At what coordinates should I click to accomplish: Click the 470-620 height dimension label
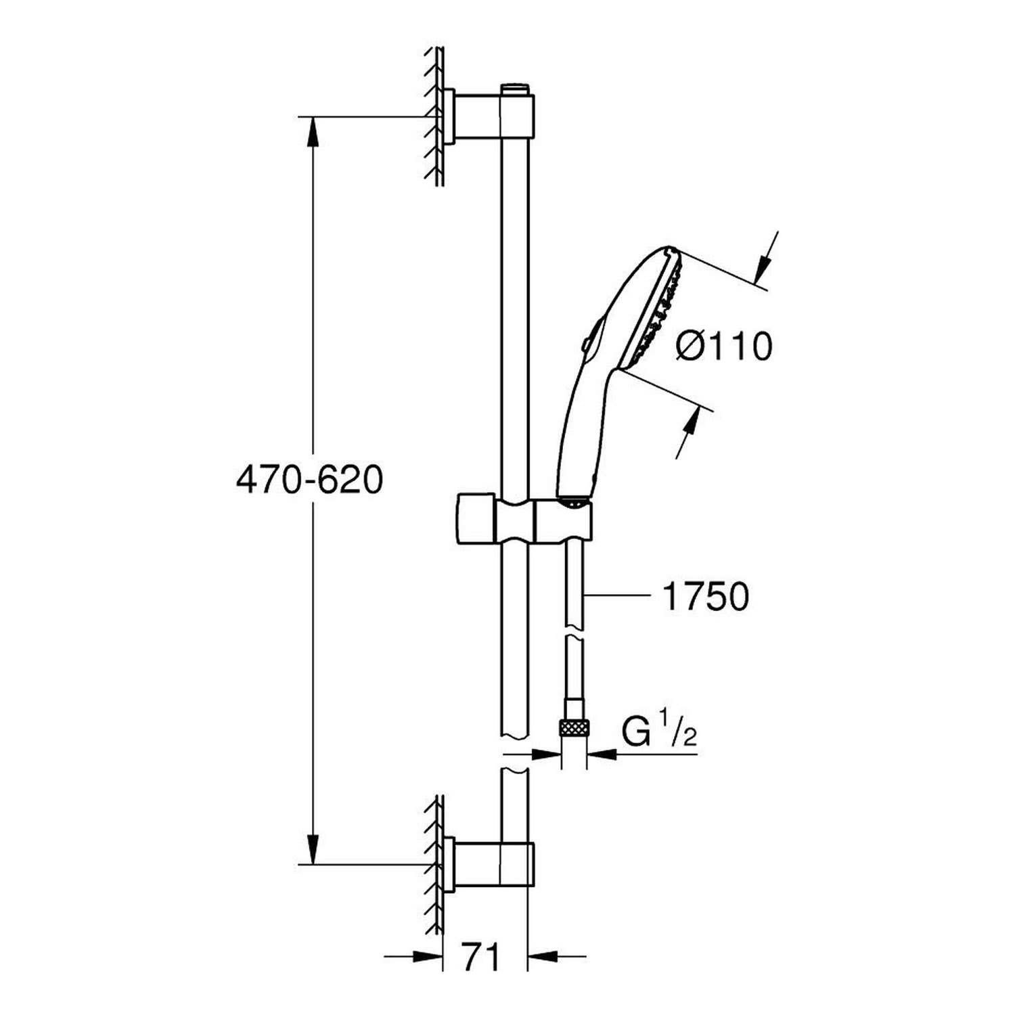[x=309, y=481]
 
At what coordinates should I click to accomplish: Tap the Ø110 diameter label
[x=723, y=347]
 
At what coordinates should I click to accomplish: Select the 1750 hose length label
[x=706, y=596]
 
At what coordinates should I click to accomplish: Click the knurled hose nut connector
[x=574, y=729]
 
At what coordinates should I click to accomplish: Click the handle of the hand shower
[x=579, y=433]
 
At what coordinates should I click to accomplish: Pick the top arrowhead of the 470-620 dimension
[x=313, y=131]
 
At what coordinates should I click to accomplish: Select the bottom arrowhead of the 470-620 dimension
[x=313, y=849]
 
